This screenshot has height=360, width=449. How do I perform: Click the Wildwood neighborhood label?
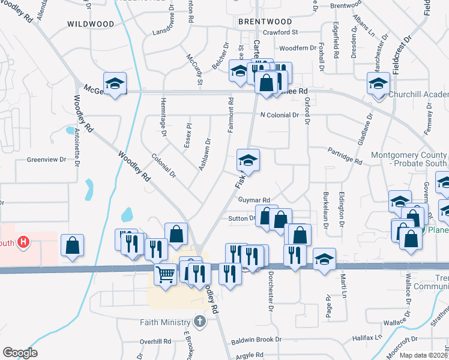[x=91, y=24]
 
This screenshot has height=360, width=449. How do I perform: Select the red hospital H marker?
[x=23, y=242]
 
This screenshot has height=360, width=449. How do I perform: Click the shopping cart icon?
[x=165, y=274]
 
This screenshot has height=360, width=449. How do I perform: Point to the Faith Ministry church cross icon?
[x=200, y=322]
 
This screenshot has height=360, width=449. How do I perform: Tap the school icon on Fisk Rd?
[x=247, y=160]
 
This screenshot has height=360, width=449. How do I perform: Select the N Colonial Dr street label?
[x=279, y=115]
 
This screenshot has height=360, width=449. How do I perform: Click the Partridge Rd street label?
[x=345, y=156]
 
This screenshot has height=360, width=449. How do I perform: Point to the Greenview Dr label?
[x=46, y=160]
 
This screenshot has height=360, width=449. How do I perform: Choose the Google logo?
[x=20, y=352]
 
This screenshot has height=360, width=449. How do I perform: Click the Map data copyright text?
[x=423, y=355]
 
